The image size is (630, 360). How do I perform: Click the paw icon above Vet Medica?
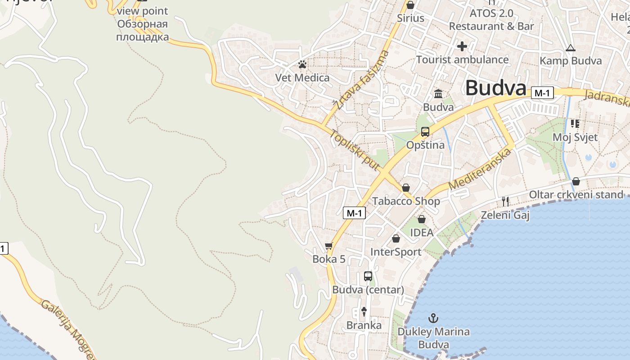tap(302, 65)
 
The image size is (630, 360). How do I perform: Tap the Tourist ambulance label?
tap(462, 59)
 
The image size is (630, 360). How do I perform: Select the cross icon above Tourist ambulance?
tap(462, 46)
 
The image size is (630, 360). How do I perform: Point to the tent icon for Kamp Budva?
tap(571, 48)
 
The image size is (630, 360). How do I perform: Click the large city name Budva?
tap(495, 88)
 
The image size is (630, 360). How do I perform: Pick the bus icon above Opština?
tap(425, 132)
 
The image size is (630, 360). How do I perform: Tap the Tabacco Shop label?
tap(406, 201)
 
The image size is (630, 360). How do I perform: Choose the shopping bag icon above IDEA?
tap(422, 220)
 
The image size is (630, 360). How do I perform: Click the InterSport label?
tap(396, 252)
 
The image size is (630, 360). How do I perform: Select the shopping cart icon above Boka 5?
tap(329, 246)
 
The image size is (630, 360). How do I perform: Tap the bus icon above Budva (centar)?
tap(368, 276)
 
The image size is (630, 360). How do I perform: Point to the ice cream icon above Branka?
tap(364, 311)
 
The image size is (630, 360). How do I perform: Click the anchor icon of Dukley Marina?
tap(433, 319)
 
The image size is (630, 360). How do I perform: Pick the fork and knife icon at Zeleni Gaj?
tap(505, 202)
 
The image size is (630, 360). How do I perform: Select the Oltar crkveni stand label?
tap(576, 194)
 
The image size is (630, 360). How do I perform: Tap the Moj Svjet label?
tap(575, 137)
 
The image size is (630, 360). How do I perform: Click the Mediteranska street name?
tap(480, 170)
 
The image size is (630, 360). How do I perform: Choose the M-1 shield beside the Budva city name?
tap(542, 93)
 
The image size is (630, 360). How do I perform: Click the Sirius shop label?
tap(410, 18)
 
